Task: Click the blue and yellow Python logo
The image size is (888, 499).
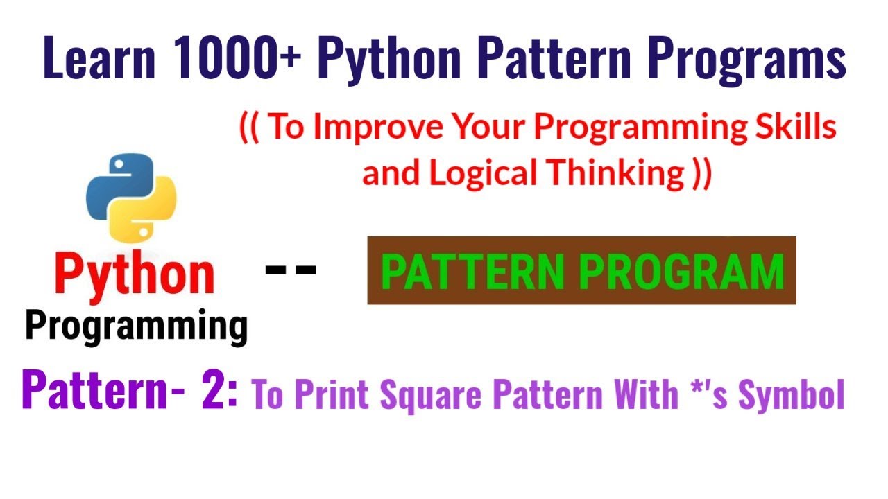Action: tap(131, 197)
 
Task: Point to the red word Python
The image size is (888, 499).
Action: tap(135, 274)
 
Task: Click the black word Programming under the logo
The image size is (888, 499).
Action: tap(136, 325)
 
